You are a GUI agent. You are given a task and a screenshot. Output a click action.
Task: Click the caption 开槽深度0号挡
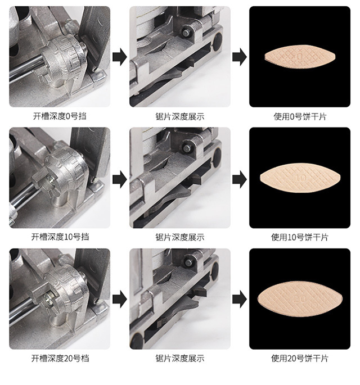[60, 117]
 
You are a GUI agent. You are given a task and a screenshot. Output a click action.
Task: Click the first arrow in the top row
[119, 57]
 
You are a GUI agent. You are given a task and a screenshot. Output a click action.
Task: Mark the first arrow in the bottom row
[119, 298]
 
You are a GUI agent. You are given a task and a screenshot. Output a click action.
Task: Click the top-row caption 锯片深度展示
[179, 117]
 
